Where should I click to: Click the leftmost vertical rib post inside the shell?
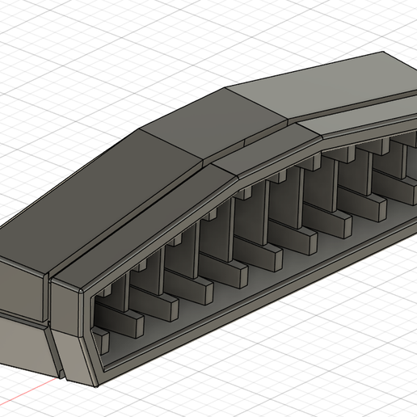[114, 304]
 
